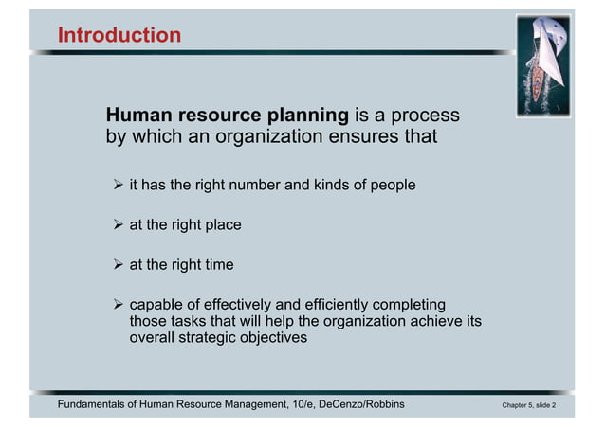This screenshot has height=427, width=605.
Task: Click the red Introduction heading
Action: click(x=119, y=36)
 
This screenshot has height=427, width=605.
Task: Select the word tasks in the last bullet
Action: click(x=188, y=322)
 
